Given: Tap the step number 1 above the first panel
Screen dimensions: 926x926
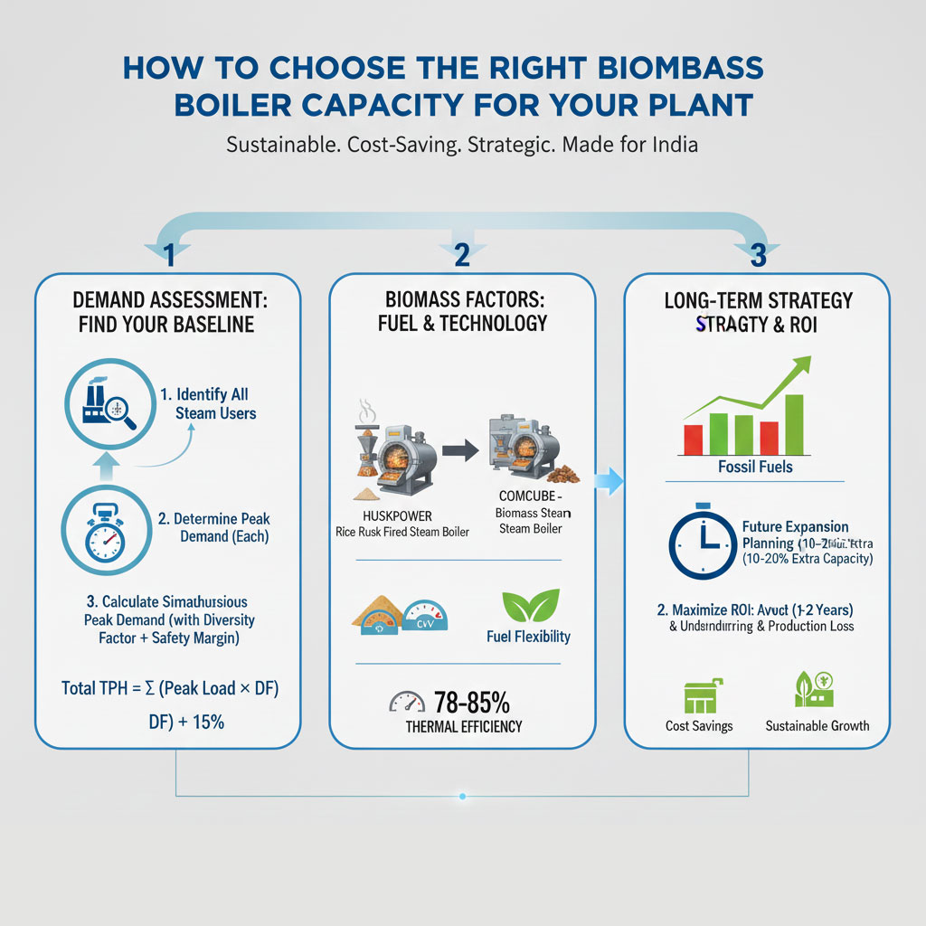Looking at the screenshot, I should (168, 256).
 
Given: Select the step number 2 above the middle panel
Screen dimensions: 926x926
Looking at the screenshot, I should (461, 256).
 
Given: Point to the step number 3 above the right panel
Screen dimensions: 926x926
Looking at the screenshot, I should (758, 256).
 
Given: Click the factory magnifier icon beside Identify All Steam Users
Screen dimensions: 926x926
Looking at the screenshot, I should (105, 404).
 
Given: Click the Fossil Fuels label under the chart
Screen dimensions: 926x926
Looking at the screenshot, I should (755, 467).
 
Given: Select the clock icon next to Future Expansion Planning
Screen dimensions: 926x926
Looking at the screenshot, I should (702, 544).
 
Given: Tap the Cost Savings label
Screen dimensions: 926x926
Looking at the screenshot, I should (700, 725).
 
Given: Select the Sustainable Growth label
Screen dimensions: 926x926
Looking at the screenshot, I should (817, 725).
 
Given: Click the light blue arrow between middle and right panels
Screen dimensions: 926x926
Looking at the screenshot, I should (611, 482).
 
